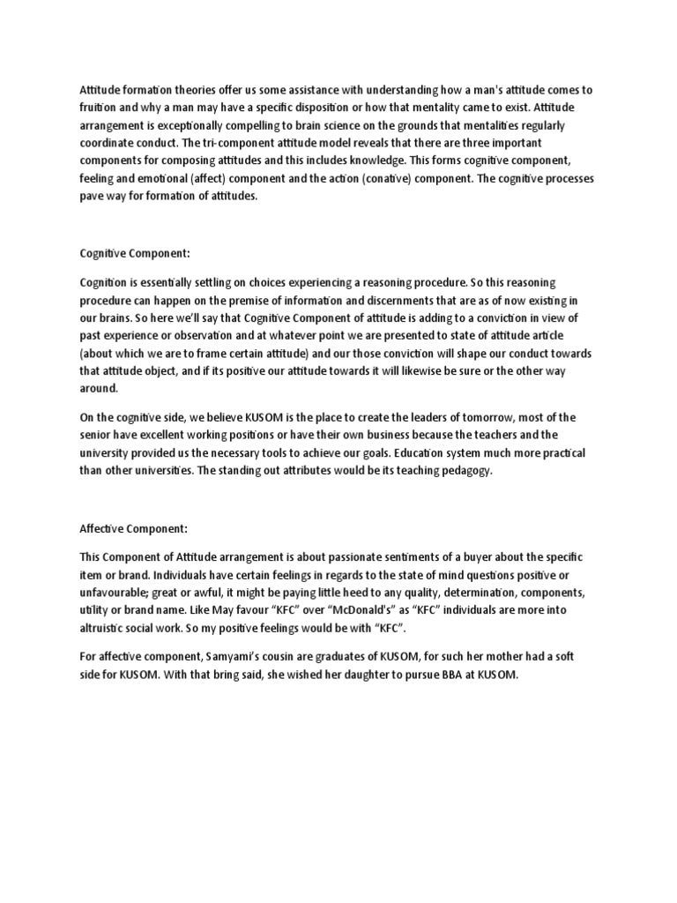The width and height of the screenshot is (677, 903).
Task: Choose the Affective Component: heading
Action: click(132, 528)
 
